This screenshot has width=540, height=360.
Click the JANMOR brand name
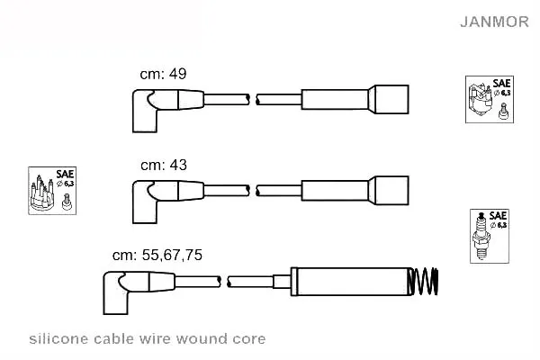(x=494, y=22)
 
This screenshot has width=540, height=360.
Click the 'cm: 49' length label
(x=163, y=74)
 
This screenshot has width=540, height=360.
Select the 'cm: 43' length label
(x=164, y=165)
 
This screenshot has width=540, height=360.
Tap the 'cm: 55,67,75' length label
(x=157, y=255)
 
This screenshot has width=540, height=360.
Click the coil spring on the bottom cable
(x=423, y=282)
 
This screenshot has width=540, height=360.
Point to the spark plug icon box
(x=490, y=236)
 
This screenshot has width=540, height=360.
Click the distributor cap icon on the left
(x=52, y=191)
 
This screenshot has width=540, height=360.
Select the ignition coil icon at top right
(x=490, y=100)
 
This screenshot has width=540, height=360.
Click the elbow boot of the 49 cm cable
(x=145, y=110)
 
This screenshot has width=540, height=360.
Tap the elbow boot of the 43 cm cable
(x=145, y=202)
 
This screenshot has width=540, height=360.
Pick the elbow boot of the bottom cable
(x=115, y=292)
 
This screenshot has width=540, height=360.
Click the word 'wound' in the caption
(x=202, y=339)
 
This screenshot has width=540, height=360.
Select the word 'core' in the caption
(x=249, y=339)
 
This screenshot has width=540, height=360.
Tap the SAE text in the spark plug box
(x=498, y=216)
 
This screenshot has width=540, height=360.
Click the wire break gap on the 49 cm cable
(x=253, y=99)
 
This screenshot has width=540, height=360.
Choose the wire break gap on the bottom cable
(x=224, y=282)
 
